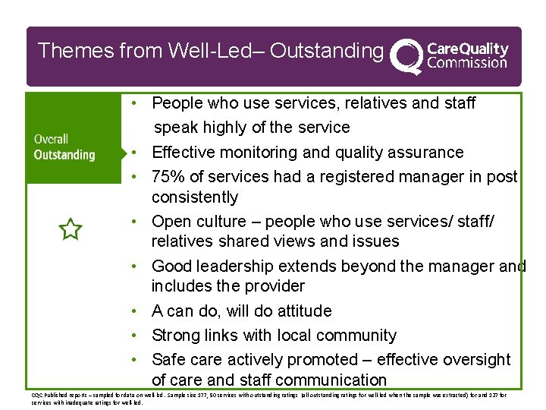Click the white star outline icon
[x=70, y=229]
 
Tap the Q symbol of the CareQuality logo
[x=407, y=55]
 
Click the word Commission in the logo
[x=467, y=63]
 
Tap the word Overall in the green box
[x=51, y=139]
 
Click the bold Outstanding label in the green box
[x=64, y=155]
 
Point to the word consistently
[x=195, y=197]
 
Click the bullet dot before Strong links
[x=133, y=336]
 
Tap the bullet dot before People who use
[x=133, y=102]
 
